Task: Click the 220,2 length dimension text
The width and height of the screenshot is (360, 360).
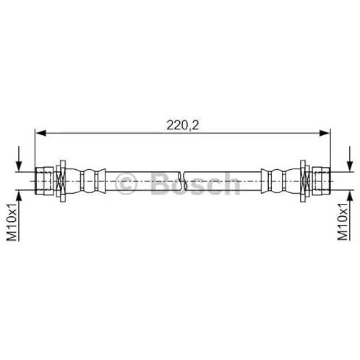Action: coord(183,125)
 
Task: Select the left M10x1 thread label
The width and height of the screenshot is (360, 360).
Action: coord(12,222)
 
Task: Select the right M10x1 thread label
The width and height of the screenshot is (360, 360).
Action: coord(343,222)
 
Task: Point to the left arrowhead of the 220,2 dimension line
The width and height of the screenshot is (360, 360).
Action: coord(40,133)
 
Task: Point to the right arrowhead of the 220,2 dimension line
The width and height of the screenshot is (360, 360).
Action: coord(325,133)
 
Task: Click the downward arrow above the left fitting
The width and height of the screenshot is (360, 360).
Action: coord(19,159)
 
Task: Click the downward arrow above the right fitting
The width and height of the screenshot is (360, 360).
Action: coord(350,159)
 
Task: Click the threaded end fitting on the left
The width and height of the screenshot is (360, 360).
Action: coord(44,181)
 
